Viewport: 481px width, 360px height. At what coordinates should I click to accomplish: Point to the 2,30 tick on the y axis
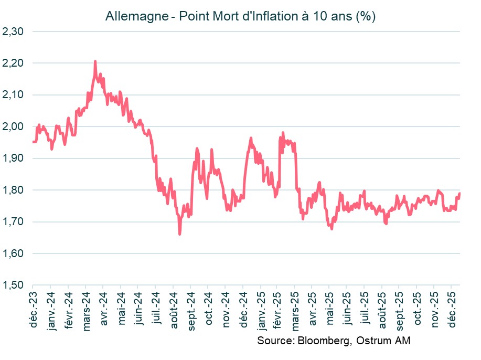[x=13, y=31]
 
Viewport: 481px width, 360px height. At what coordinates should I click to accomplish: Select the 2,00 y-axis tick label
[x=13, y=126]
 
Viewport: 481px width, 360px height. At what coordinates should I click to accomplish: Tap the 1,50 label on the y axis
[x=13, y=285]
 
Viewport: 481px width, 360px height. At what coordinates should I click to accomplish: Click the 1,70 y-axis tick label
[x=13, y=221]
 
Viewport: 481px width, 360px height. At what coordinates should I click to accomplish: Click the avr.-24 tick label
[x=103, y=311]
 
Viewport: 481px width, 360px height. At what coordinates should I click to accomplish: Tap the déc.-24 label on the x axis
[x=243, y=311]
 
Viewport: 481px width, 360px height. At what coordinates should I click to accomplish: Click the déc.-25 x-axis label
[x=452, y=311]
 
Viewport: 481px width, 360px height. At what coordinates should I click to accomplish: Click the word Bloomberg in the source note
[x=322, y=341]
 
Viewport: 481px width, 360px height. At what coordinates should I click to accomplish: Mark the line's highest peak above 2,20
[x=95, y=61]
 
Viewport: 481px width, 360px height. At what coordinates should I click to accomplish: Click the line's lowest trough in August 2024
[x=179, y=234]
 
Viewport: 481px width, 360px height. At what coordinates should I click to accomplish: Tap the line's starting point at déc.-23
[x=33, y=142]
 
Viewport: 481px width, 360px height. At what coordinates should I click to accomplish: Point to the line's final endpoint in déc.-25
[x=459, y=194]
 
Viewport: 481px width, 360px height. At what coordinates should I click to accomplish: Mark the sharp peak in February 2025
[x=283, y=133]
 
